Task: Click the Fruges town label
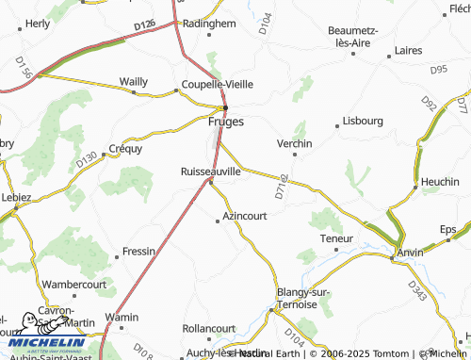(225, 122)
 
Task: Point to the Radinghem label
(208, 24)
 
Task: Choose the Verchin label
(294, 142)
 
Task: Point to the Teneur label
(336, 238)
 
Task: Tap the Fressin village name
(138, 253)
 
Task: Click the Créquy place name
(125, 148)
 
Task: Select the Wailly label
(133, 82)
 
